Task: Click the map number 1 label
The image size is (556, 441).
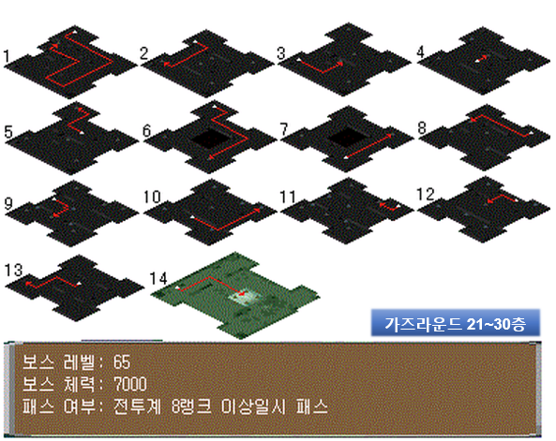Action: click(7, 57)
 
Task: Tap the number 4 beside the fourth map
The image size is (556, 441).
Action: click(421, 51)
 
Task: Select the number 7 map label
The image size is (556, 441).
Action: click(284, 129)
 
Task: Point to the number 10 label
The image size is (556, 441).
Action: click(153, 197)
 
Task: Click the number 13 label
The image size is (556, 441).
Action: click(13, 270)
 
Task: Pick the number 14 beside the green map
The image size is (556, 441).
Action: click(158, 278)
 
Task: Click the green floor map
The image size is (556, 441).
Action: click(235, 295)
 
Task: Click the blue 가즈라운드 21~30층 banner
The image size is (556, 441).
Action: click(456, 323)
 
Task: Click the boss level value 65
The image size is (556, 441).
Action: click(122, 362)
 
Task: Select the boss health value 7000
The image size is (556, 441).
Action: click(130, 384)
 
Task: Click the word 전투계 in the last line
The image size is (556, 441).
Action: click(137, 406)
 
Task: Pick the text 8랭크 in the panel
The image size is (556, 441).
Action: click(191, 406)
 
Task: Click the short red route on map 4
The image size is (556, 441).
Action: click(481, 58)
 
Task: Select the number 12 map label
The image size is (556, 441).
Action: click(426, 195)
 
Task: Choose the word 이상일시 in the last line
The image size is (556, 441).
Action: click(253, 406)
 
